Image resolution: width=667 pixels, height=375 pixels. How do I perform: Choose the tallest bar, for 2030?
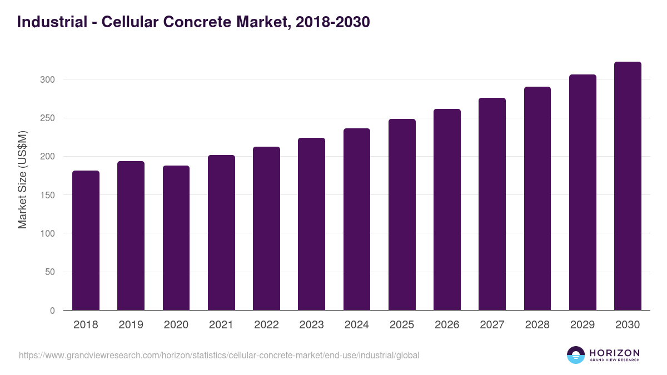coord(628,186)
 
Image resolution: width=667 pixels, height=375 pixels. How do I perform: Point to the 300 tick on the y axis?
coord(48,79)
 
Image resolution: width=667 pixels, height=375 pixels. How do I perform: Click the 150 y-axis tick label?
coord(48,195)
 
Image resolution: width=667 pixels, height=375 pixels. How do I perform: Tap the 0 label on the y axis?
coord(52,311)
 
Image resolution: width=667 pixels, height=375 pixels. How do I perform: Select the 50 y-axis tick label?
coord(50,272)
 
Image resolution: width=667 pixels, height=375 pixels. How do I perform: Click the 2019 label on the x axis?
coord(131,325)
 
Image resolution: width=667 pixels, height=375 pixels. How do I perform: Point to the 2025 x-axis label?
coord(402,325)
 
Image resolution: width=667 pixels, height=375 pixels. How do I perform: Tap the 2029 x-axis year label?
coord(583,325)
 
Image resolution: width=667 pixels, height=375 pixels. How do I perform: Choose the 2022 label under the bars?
coord(266,325)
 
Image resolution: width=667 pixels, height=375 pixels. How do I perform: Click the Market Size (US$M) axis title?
coord(22,179)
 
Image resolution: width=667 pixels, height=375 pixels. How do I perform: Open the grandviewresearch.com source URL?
coord(219,355)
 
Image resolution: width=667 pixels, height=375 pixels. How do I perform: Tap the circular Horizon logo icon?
coord(576,355)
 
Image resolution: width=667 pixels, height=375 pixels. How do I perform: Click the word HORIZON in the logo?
coord(614,352)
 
